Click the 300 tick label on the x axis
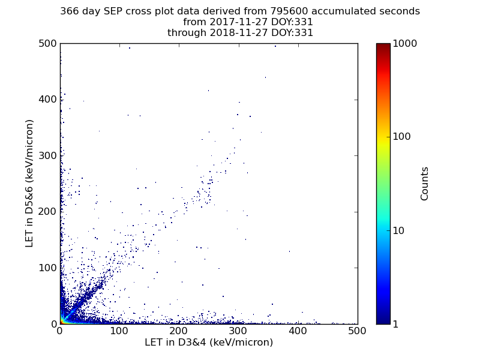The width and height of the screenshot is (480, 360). click(179, 331)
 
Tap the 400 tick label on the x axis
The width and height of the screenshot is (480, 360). click(238, 331)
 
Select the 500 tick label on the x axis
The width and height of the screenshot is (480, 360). click(298, 331)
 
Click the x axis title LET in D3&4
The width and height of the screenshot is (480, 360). click(208, 343)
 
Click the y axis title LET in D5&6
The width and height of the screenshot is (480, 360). click(29, 183)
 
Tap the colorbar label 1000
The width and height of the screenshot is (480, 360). click(405, 44)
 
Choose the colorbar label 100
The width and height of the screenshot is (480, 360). click(402, 137)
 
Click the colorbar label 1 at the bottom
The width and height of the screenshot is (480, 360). click(397, 324)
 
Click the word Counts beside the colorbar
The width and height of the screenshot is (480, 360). click(425, 183)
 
